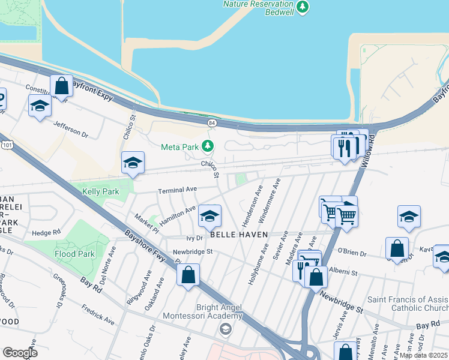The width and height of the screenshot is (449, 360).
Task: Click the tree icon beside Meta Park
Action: click(208, 146)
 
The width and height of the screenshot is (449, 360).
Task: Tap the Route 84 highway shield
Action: click(211, 122)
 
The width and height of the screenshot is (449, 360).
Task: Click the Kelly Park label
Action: click(100, 191)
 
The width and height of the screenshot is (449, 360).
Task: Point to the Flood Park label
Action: click(74, 254)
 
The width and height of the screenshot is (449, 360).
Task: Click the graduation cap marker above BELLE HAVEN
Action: click(209, 217)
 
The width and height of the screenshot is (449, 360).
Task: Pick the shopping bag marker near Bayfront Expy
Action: click(61, 86)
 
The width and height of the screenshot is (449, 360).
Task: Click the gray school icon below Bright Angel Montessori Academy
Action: click(225, 328)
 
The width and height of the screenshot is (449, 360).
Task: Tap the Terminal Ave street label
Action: click(177, 190)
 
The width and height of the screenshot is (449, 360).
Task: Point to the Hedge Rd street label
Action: click(47, 232)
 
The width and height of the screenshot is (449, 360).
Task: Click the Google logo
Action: click(20, 353)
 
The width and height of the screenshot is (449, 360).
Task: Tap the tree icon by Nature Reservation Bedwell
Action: click(304, 6)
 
